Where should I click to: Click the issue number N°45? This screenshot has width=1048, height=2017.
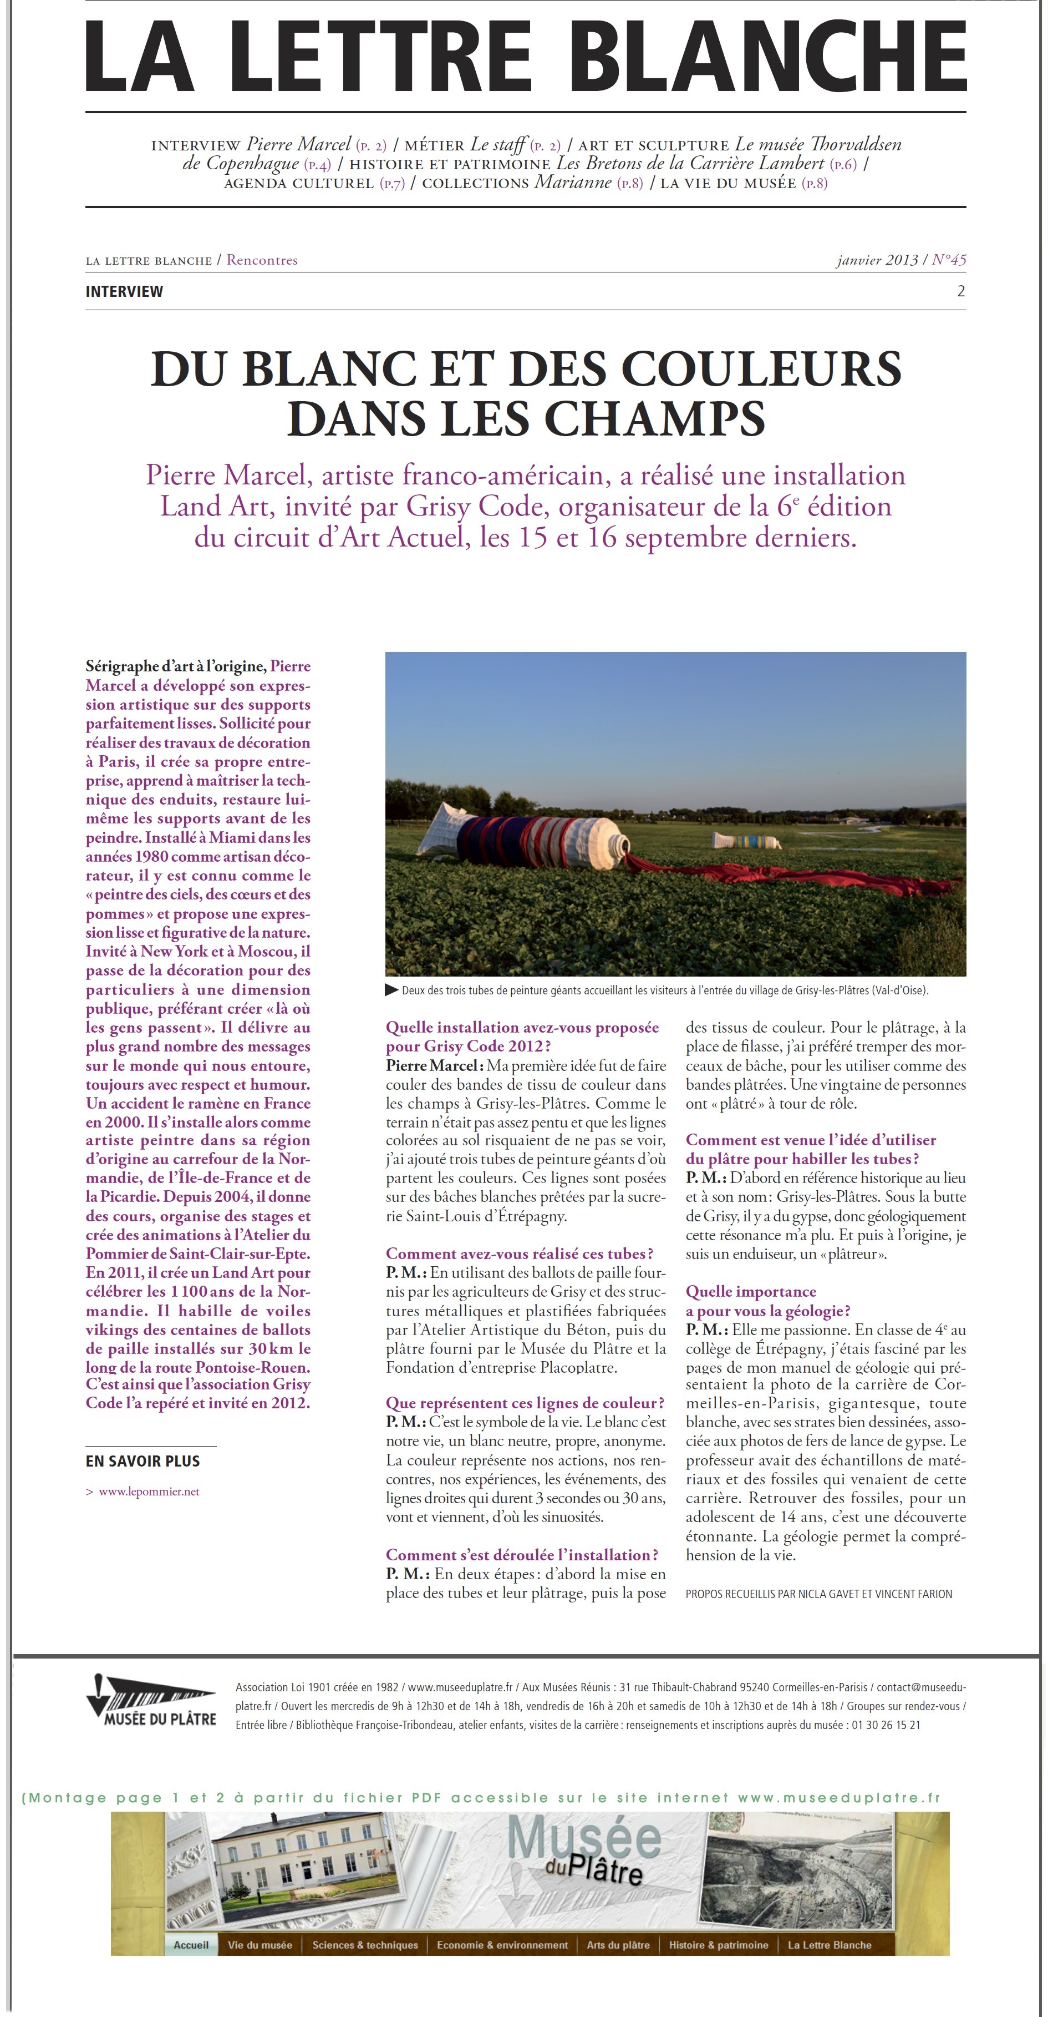tap(949, 260)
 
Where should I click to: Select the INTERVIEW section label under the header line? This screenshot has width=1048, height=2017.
tap(124, 291)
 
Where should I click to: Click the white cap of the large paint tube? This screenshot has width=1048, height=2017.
tap(618, 846)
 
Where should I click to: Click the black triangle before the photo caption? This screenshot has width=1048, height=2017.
tap(392, 990)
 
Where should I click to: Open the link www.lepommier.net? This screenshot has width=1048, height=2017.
tap(149, 1491)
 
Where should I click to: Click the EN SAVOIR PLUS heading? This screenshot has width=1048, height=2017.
tap(143, 1460)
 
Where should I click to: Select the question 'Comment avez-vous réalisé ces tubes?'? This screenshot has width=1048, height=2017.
tap(520, 1253)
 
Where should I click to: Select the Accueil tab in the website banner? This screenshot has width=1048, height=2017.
tap(191, 1944)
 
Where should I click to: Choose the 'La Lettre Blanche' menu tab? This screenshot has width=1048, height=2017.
tap(829, 1944)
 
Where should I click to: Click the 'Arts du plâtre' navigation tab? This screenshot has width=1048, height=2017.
tap(618, 1944)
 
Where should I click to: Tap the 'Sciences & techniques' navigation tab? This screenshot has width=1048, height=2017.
tap(365, 1944)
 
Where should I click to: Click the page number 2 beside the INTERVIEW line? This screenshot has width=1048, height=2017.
tap(960, 291)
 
